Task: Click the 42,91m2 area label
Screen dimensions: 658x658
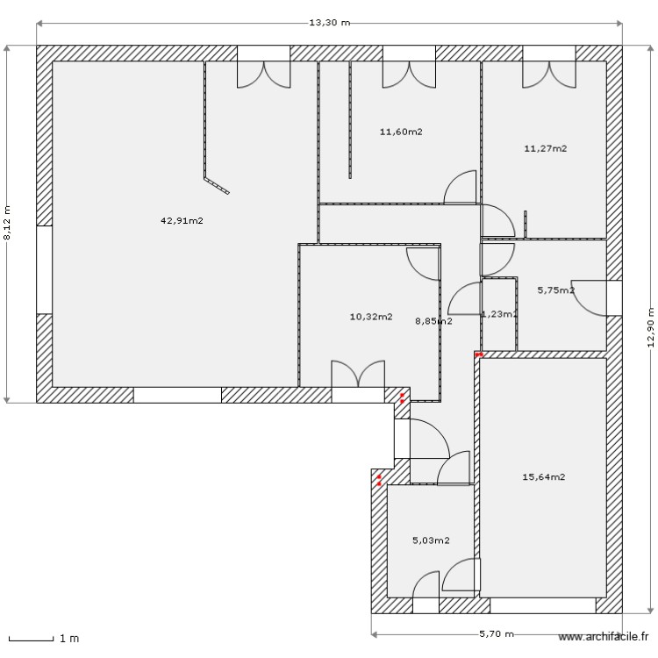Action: click(x=182, y=221)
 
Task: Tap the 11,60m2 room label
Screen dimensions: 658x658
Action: click(x=401, y=132)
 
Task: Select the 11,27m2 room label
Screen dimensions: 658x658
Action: click(x=545, y=149)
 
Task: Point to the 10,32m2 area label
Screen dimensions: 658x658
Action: click(x=371, y=317)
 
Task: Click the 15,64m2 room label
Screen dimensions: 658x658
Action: click(x=544, y=477)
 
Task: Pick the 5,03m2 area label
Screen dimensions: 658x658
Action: click(x=431, y=540)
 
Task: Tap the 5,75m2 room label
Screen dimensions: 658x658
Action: click(x=555, y=290)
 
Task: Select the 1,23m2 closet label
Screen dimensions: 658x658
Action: click(x=499, y=314)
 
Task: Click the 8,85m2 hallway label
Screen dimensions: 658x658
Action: click(x=433, y=321)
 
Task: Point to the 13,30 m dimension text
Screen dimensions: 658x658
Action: click(x=329, y=23)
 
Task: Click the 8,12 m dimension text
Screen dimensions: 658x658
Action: click(x=8, y=223)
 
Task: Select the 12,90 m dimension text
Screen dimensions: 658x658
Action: click(x=650, y=327)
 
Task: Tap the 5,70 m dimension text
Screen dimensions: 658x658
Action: click(x=496, y=634)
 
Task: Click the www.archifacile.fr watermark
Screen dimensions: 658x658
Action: click(x=604, y=638)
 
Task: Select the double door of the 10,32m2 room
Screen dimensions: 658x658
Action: click(x=357, y=375)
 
